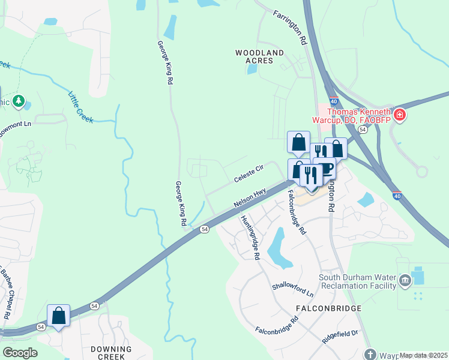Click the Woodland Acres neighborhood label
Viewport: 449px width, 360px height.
[259, 57]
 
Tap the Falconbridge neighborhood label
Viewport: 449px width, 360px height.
[329, 308]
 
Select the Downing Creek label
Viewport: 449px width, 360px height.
[111, 352]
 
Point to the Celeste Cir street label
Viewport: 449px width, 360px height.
[249, 175]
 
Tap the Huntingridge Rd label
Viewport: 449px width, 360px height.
[251, 238]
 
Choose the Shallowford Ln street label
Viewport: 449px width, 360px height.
[293, 290]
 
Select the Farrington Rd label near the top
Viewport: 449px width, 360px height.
[290, 28]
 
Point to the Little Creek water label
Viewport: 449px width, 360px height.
[80, 107]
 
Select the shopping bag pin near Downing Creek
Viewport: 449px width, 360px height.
[59, 315]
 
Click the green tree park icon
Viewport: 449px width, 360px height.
[20, 101]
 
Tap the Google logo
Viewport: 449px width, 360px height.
[20, 352]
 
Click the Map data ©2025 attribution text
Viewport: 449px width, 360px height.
[424, 356]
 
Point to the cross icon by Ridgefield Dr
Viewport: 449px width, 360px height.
[370, 354]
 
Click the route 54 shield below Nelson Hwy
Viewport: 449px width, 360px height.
[205, 229]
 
